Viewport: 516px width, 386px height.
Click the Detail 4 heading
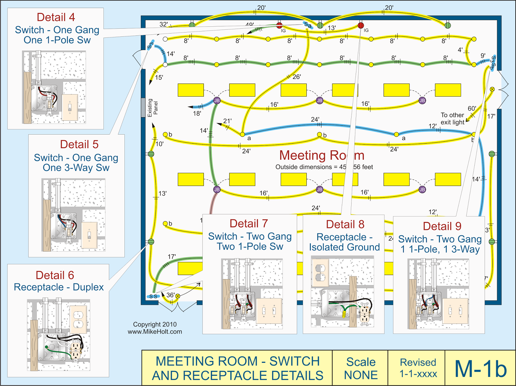(x=55, y=17)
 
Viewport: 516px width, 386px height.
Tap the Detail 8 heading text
(x=345, y=224)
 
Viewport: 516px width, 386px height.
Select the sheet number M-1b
(x=481, y=368)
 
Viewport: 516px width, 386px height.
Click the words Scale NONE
(x=361, y=368)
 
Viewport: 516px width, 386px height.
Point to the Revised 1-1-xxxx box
(x=418, y=368)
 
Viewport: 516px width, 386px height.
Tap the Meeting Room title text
(x=322, y=155)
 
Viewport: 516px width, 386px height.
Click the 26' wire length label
(x=296, y=77)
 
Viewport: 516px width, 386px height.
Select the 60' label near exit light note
(x=472, y=108)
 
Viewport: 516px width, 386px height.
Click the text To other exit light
(x=452, y=119)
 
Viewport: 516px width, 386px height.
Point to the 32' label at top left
(x=164, y=24)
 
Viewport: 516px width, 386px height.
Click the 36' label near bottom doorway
(x=170, y=295)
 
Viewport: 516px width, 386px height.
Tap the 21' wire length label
(x=227, y=121)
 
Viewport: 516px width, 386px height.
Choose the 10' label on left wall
(x=159, y=144)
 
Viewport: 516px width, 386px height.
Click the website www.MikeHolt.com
(x=155, y=332)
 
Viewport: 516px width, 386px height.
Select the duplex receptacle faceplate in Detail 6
(x=78, y=319)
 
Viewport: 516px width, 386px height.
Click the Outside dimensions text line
(x=324, y=167)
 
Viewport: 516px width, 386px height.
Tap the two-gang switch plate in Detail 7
(x=269, y=311)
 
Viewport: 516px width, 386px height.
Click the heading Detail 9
(x=442, y=226)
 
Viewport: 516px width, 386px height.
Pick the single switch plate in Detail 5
(x=89, y=235)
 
